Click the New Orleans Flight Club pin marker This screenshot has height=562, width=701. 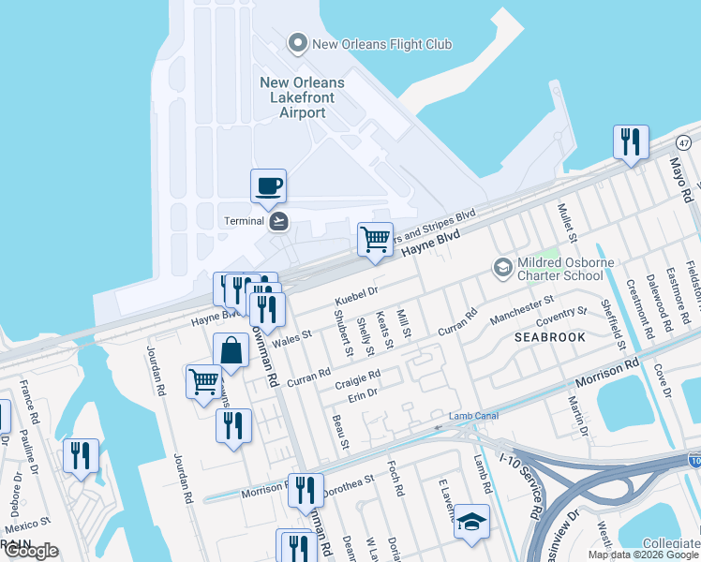click(298, 43)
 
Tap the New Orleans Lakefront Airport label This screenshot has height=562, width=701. click(302, 97)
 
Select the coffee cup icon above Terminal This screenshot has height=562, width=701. click(269, 185)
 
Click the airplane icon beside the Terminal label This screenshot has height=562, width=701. click(278, 221)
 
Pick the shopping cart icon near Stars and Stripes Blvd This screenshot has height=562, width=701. click(375, 238)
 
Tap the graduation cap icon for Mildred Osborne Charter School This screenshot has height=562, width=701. click(503, 269)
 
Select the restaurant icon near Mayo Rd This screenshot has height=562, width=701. click(631, 142)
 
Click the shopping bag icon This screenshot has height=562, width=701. click(231, 351)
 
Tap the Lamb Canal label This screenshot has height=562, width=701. click(470, 415)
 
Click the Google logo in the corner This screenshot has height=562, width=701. click(30, 551)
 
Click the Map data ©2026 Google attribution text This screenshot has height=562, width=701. click(643, 555)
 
